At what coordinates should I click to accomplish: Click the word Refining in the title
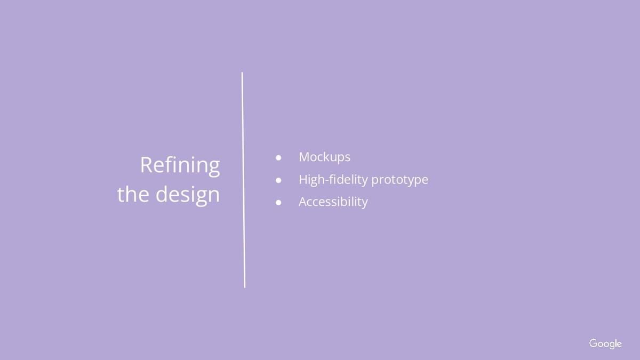point(180,166)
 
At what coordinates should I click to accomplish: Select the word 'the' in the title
point(133,194)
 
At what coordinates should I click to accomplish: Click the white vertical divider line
point(243,180)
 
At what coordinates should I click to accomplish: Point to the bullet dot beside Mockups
point(278,158)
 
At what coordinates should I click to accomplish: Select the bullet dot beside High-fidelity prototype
point(278,180)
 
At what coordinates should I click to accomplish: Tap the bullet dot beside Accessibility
point(278,203)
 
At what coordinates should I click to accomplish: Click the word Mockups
point(325,158)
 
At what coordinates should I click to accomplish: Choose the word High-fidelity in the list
point(333,180)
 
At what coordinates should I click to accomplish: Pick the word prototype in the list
point(399,180)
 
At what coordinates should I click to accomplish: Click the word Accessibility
point(333,203)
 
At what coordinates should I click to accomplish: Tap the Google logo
point(605,343)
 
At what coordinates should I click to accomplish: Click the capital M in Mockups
point(305,157)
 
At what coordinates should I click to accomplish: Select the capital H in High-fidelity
point(303,180)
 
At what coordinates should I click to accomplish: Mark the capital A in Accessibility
point(303,202)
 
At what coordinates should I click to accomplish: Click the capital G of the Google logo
point(594,343)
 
